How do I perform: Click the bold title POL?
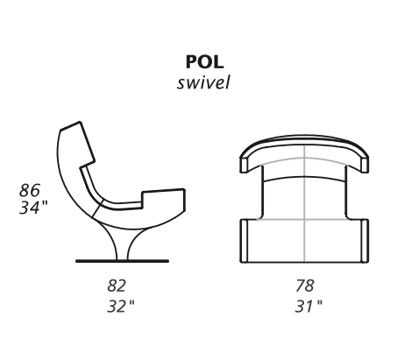pos(204,62)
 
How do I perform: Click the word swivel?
pos(203,82)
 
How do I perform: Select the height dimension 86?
pos(30,190)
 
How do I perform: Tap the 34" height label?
pos(33,208)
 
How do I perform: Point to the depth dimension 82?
pos(117,286)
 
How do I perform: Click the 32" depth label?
pos(121,307)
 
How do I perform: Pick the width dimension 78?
pos(305,286)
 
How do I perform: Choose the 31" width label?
pos(308,307)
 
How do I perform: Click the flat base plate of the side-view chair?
pos(122,261)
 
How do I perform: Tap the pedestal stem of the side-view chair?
pos(122,245)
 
